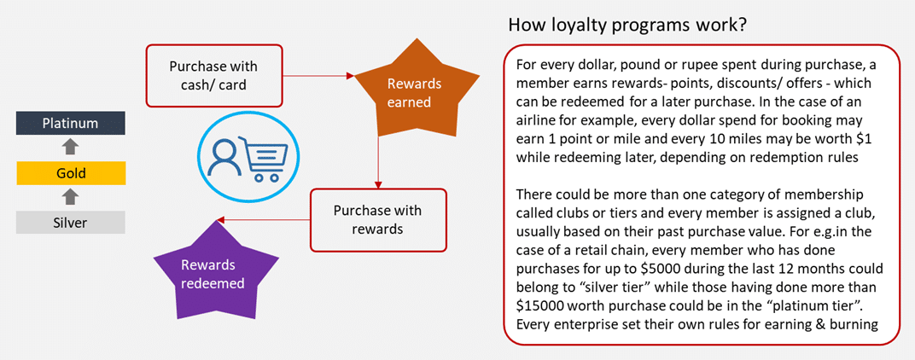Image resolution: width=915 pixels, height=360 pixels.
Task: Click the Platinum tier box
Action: [x=70, y=124]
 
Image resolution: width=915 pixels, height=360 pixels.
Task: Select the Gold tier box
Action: [x=70, y=174]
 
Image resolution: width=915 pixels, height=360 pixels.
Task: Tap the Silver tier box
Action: [x=70, y=222]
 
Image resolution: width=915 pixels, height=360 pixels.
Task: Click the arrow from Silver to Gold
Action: [x=71, y=198]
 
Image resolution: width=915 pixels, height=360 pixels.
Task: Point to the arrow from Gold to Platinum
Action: [x=71, y=148]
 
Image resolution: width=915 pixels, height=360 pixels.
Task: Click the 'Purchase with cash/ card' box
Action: [x=213, y=75]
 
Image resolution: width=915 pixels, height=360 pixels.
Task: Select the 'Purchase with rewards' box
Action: [x=377, y=219]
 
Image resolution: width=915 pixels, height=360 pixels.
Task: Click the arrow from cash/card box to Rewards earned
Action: [x=316, y=76]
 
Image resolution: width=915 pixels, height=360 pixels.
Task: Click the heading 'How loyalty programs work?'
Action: [x=627, y=26]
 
